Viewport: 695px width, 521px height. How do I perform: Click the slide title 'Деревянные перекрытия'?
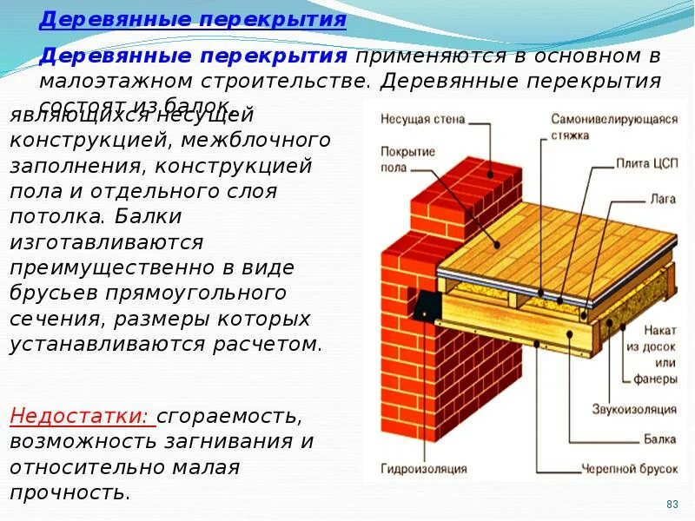click(x=193, y=20)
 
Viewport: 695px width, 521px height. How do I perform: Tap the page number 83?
click(x=672, y=505)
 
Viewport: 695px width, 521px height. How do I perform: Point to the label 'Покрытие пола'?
click(x=407, y=159)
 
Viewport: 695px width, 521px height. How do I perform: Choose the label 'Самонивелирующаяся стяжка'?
click(x=613, y=127)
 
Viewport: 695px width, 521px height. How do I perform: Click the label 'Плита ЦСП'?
click(x=645, y=163)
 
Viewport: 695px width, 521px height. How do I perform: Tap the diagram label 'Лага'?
click(x=662, y=199)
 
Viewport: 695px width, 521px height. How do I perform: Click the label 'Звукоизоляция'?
click(x=634, y=409)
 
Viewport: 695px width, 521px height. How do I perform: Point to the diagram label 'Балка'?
click(x=660, y=439)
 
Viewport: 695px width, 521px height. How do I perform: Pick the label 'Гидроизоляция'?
click(x=423, y=469)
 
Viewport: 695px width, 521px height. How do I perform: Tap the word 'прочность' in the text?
click(x=69, y=493)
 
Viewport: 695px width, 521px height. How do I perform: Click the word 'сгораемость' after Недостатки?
click(x=229, y=417)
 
